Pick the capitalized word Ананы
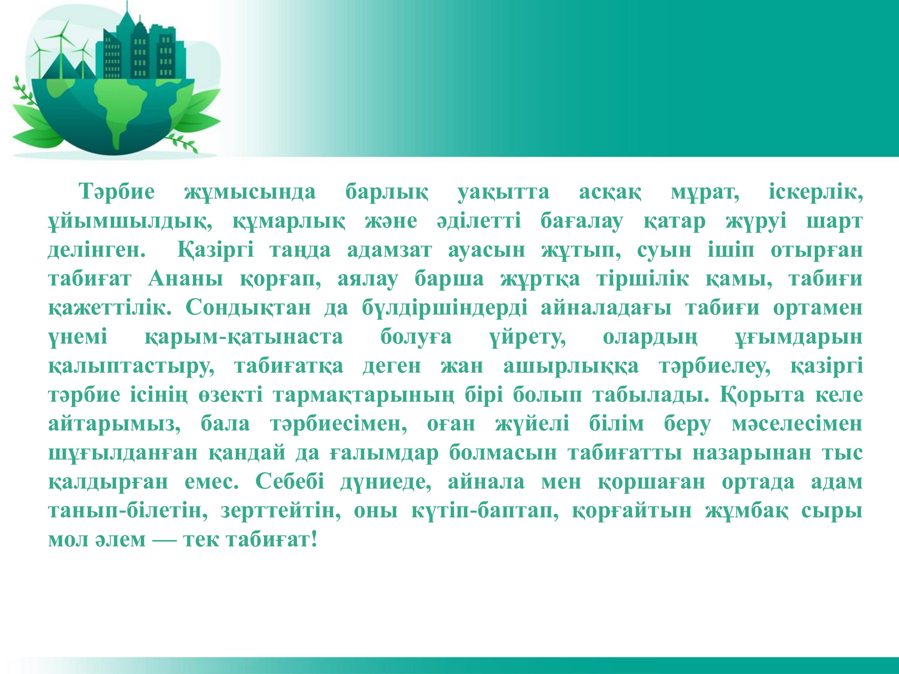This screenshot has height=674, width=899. [x=185, y=279]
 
